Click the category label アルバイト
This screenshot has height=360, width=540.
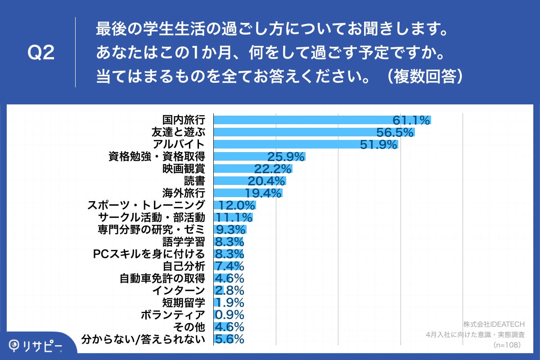179,144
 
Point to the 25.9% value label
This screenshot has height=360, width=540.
286,157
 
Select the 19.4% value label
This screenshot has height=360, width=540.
264,193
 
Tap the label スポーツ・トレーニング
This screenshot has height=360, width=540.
146,205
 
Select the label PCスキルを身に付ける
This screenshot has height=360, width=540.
149,254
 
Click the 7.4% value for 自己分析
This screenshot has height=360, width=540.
229,266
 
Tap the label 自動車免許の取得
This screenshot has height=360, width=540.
162,278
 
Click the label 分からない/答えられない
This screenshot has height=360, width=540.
144,339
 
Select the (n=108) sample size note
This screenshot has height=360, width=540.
507,345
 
